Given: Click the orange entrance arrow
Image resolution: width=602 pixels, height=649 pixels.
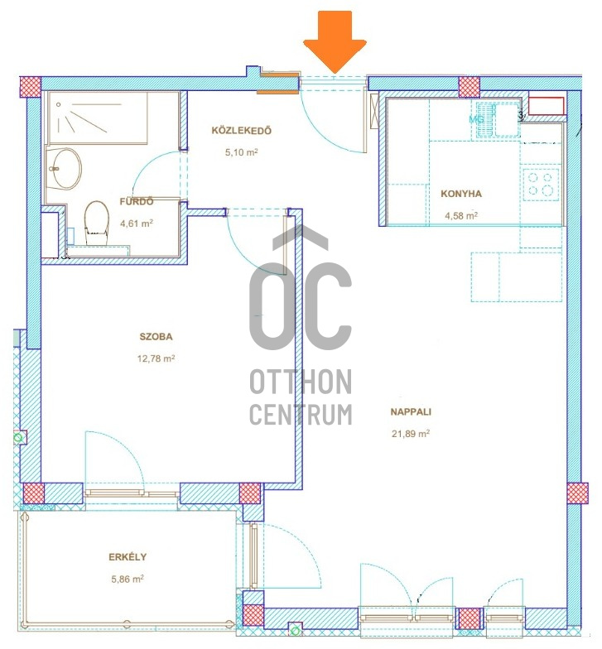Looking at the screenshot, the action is click(x=335, y=42).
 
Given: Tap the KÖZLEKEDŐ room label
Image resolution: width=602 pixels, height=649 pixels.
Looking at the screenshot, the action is click(x=242, y=131).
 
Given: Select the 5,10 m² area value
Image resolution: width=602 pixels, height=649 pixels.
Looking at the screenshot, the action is click(x=242, y=152).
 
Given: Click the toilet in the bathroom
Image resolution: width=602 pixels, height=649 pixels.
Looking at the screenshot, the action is click(x=96, y=223).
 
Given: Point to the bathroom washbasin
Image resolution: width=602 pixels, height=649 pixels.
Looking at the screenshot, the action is click(x=65, y=169).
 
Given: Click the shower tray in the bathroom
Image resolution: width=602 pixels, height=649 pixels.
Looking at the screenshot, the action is click(x=97, y=118).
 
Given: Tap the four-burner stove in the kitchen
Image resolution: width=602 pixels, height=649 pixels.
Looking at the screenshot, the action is click(x=541, y=185).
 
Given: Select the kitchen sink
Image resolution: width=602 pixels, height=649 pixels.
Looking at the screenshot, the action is click(x=497, y=119).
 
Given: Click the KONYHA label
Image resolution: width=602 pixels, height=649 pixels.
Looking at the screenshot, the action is click(x=461, y=194).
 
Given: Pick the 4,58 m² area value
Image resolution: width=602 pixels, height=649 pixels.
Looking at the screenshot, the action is click(x=461, y=215).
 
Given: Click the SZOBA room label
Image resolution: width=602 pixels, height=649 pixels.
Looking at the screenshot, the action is click(x=156, y=336).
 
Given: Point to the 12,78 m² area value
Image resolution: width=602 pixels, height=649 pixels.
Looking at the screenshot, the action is click(x=156, y=358).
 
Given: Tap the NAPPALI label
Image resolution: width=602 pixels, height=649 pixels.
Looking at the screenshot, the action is click(x=411, y=412).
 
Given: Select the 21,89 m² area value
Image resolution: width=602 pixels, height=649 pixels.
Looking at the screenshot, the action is click(x=411, y=434).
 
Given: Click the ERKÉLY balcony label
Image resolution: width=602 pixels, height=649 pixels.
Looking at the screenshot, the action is click(x=128, y=557).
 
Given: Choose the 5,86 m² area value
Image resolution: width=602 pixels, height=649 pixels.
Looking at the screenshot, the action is click(x=128, y=579).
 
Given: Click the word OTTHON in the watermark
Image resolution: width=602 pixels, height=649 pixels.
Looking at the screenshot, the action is click(x=301, y=382).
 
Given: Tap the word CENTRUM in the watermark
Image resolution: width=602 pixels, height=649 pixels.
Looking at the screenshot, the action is click(x=301, y=414).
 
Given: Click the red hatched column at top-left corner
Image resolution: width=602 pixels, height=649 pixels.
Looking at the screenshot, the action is click(x=30, y=87).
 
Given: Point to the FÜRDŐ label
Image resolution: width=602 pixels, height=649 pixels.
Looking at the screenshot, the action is click(x=136, y=202).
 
